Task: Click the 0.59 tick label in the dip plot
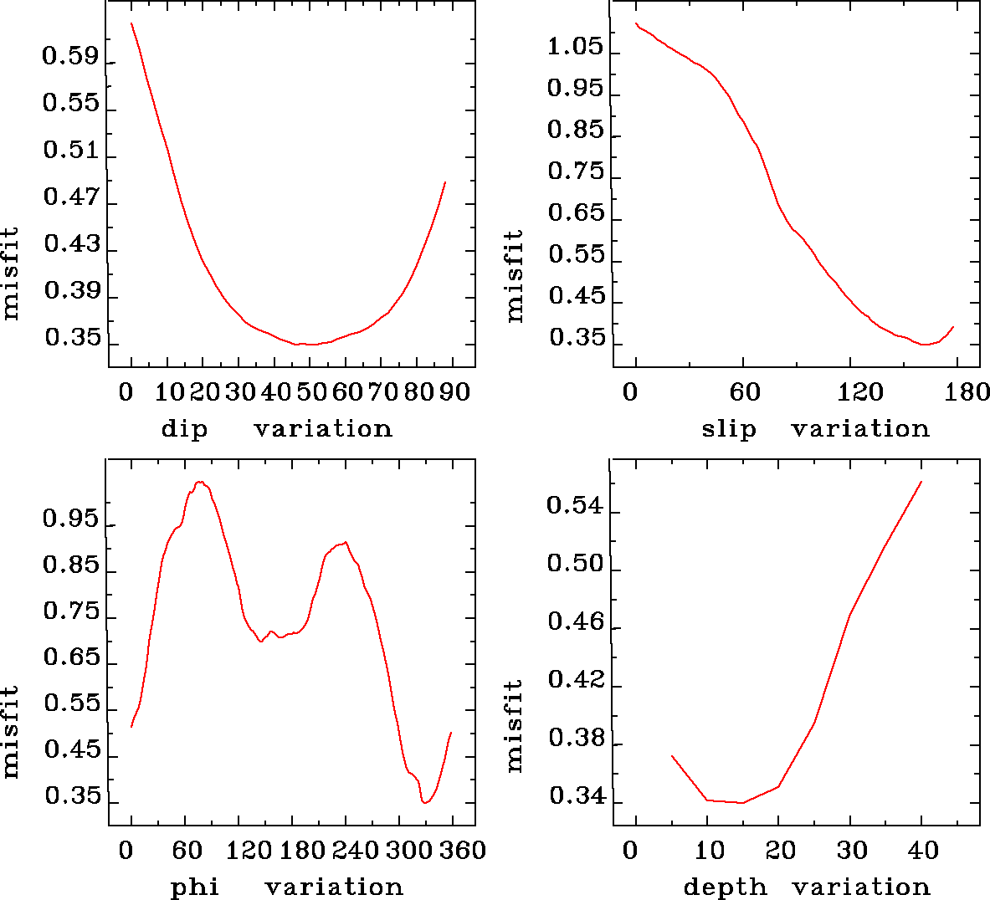click(70, 59)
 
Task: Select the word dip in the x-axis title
click(184, 429)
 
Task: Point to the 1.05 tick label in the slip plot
click(575, 47)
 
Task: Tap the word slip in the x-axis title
click(728, 429)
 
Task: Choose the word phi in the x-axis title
click(195, 887)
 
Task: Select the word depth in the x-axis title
click(725, 887)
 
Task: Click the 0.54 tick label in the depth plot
click(575, 506)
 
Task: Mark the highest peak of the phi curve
click(199, 482)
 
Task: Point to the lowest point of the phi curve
click(425, 803)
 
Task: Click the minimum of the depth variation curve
click(741, 803)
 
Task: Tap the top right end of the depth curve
click(921, 482)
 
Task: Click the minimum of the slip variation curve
click(925, 344)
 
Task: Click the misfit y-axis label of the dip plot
click(11, 273)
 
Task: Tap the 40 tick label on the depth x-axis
click(924, 851)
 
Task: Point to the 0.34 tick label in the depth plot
click(575, 797)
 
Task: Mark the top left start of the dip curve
click(131, 23)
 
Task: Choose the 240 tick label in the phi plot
click(356, 851)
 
